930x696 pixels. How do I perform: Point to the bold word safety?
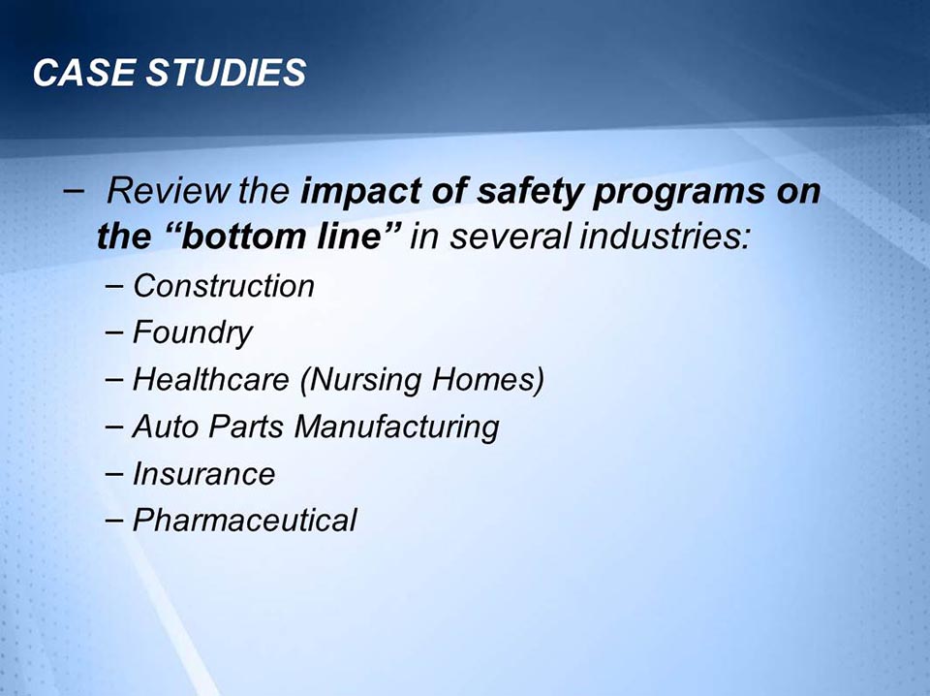tap(519, 192)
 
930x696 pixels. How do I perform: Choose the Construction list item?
tap(224, 286)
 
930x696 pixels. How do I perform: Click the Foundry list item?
tap(192, 333)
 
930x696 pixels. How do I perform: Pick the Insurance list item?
tap(203, 474)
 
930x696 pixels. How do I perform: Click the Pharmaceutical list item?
tap(244, 521)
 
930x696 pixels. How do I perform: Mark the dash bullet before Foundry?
tap(116, 333)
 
